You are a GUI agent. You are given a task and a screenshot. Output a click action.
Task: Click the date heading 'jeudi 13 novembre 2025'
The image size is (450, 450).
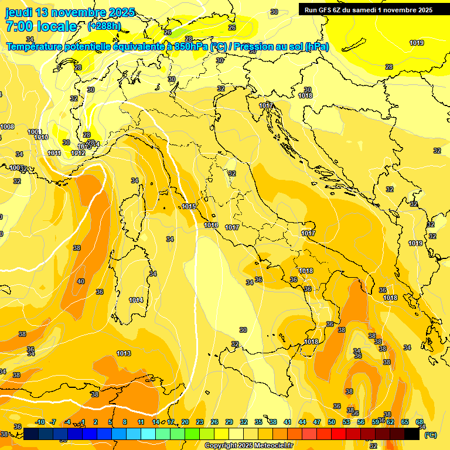point(70,12)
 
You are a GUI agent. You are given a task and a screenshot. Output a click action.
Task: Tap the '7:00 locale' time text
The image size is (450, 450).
point(41,26)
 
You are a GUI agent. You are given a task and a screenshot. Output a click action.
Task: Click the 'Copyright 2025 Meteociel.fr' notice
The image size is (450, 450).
point(248,446)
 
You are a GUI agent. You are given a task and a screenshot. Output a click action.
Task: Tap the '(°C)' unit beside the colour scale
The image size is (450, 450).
point(430,435)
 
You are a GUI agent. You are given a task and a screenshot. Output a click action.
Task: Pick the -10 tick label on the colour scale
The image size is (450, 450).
point(39,422)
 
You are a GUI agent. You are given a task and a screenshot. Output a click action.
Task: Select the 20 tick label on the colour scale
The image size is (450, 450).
point(185,422)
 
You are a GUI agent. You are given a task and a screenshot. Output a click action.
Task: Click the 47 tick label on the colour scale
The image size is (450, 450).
point(317,422)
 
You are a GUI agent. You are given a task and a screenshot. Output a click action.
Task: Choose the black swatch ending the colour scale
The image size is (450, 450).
point(412,434)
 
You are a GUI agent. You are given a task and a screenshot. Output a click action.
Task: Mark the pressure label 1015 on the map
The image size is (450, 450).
point(189,207)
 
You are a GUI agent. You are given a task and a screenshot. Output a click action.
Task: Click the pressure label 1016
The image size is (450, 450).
point(211,226)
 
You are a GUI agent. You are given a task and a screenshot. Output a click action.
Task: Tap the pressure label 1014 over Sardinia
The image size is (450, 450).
point(136,301)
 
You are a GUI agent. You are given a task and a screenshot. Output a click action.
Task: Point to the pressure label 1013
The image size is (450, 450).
point(124,353)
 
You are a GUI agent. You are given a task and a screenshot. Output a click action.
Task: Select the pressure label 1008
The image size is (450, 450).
point(7,127)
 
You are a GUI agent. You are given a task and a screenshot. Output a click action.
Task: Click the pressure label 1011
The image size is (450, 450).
point(54,153)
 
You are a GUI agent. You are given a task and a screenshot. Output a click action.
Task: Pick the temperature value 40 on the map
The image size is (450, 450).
point(81,282)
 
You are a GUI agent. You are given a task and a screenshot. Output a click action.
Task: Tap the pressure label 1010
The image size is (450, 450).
point(41,138)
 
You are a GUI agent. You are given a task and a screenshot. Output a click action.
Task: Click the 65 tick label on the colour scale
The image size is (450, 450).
point(405,422)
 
